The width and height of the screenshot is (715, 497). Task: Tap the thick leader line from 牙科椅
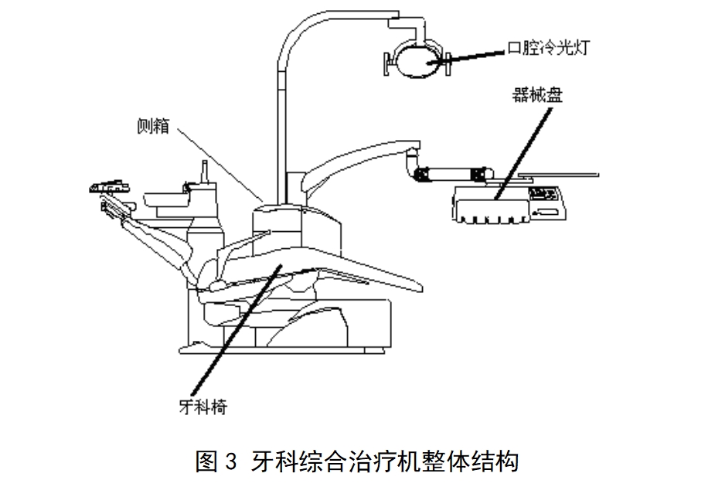click(x=240, y=332)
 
